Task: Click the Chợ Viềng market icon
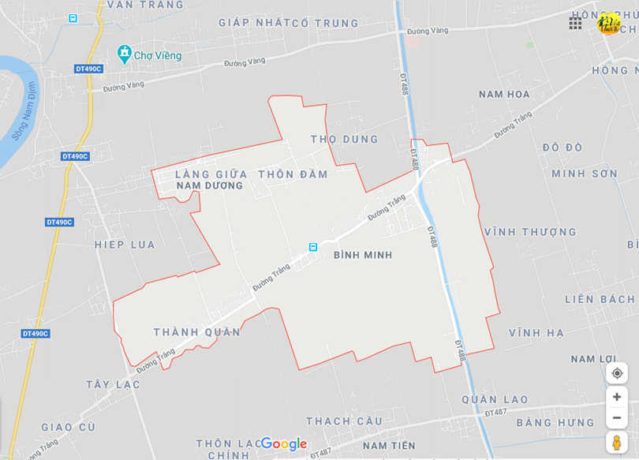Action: pos(124,54)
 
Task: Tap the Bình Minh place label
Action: pos(363,255)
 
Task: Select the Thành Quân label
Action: pos(196,332)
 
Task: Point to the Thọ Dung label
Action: pos(344,139)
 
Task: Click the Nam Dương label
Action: pos(209,185)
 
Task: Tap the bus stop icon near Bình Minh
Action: pos(313,247)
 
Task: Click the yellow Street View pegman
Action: pos(616,443)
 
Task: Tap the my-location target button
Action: pos(617,373)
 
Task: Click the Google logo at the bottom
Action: pos(283,444)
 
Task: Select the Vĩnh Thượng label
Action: pos(530,232)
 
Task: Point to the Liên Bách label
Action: pos(600,300)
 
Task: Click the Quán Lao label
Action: pos(495,399)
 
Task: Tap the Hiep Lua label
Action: pos(125,245)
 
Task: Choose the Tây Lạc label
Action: pos(113,384)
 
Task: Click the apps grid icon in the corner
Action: pos(575,23)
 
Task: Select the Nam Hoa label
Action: pos(504,94)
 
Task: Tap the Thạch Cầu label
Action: pos(344,421)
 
